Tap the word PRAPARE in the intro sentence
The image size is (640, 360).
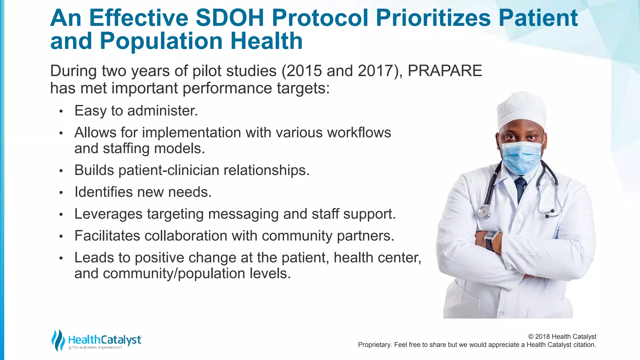(x=445, y=71)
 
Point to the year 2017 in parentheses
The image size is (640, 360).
(x=376, y=71)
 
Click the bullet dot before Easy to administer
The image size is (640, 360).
(x=61, y=111)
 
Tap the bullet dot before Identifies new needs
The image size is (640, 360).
(x=61, y=193)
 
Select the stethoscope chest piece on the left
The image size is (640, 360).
(x=483, y=212)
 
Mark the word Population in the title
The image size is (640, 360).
(x=161, y=41)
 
